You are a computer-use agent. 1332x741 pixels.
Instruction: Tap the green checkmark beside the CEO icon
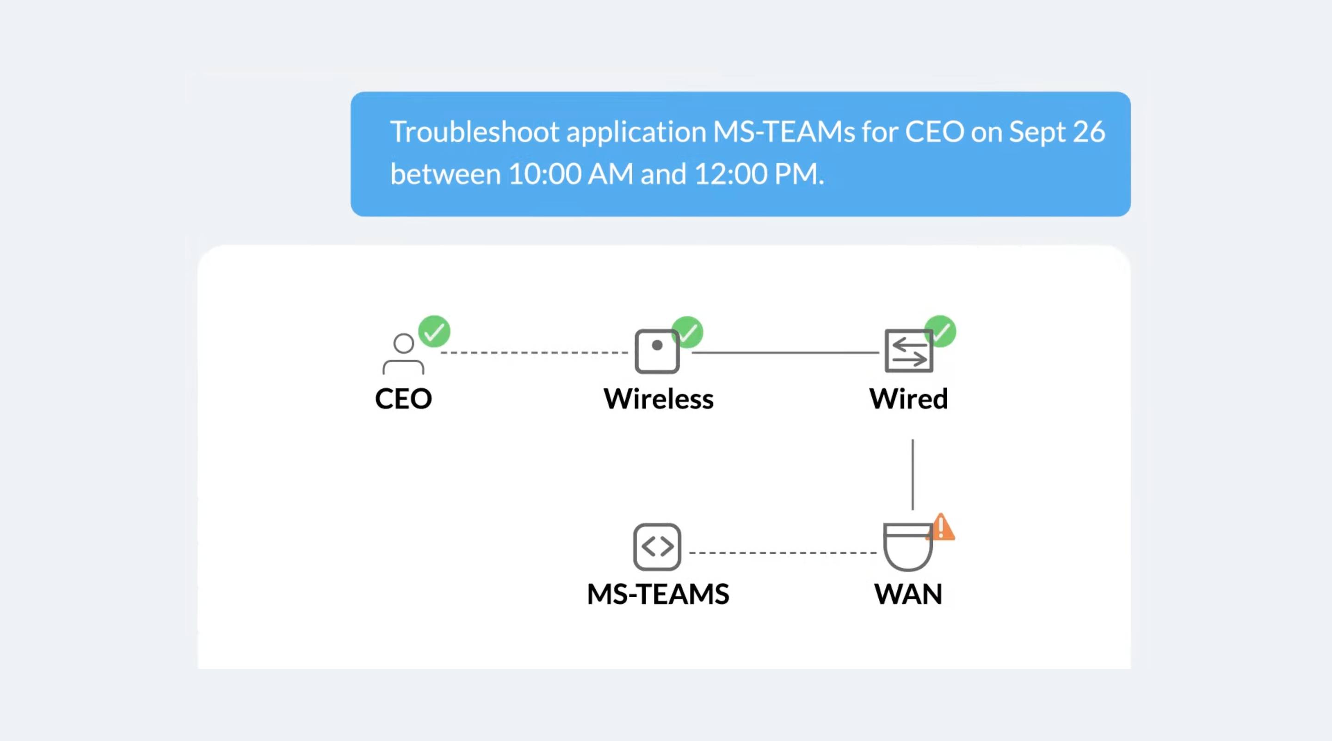(434, 331)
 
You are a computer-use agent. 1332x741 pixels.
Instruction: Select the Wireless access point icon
(657, 351)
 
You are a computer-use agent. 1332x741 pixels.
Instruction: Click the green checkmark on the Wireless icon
(688, 332)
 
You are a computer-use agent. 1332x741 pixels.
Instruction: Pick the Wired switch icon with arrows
(908, 351)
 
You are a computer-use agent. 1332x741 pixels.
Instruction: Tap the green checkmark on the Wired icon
(941, 331)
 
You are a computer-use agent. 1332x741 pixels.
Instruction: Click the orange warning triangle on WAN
(941, 527)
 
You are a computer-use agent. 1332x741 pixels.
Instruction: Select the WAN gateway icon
(908, 547)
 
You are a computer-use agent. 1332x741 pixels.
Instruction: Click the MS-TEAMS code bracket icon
(657, 547)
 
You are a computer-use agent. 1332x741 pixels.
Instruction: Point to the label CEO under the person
(403, 399)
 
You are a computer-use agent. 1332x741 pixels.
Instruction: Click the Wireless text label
(658, 399)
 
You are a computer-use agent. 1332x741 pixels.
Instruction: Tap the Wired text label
(908, 399)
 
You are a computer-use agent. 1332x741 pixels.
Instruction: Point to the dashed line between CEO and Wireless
(534, 352)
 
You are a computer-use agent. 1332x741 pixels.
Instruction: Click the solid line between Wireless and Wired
(785, 352)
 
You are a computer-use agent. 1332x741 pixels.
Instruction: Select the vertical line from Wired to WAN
(913, 474)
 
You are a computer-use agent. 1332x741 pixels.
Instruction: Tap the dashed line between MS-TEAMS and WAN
(783, 552)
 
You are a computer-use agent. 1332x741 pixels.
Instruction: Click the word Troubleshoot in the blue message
(474, 132)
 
